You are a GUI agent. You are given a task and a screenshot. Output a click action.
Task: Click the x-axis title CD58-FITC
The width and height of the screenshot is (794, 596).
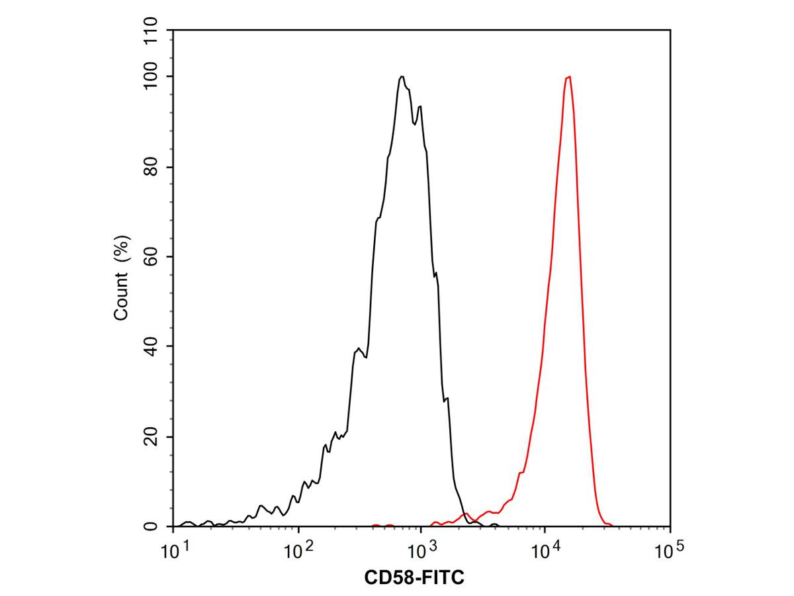(x=414, y=578)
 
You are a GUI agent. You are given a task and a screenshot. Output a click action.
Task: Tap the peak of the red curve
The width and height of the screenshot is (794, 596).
(x=568, y=77)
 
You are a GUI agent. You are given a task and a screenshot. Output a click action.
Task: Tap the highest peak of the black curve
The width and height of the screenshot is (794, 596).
(x=402, y=77)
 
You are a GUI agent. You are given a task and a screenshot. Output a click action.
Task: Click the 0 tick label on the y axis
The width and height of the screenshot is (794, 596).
(x=151, y=526)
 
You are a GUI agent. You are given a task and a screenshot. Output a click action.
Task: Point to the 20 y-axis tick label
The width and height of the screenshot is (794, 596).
(x=151, y=436)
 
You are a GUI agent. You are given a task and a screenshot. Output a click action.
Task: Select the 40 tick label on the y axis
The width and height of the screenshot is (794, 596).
(x=151, y=346)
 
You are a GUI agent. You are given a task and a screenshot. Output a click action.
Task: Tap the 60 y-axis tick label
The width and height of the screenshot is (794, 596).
(x=151, y=256)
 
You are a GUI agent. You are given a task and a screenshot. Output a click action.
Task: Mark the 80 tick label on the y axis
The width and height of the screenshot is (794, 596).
(x=151, y=167)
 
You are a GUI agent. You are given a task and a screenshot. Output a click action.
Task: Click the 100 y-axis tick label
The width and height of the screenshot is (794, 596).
(x=151, y=77)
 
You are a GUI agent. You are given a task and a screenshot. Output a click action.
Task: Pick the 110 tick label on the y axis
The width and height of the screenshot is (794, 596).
(x=151, y=32)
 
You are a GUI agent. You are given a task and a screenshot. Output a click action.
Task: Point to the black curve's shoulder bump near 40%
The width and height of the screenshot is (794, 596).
(x=359, y=348)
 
